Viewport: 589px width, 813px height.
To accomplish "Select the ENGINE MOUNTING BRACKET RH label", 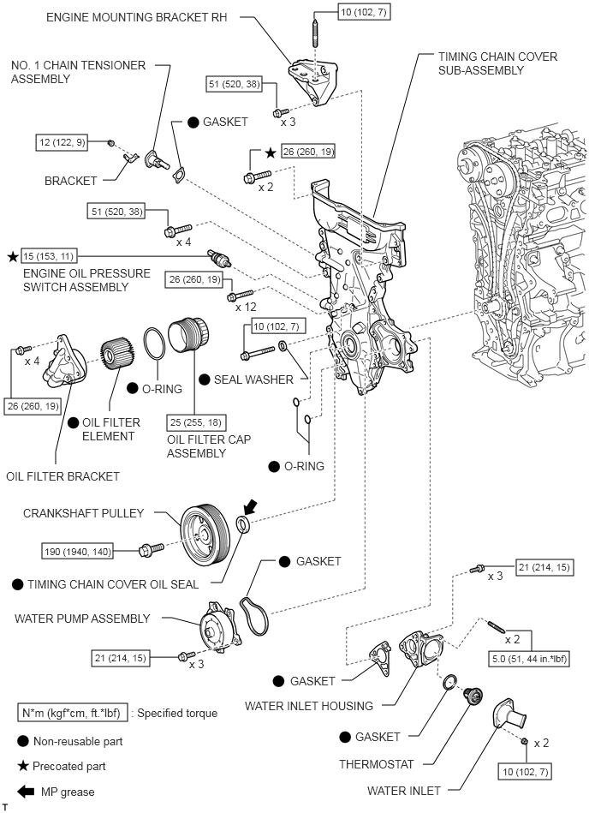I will pos(141,17).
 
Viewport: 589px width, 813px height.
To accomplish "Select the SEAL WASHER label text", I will pos(254,380).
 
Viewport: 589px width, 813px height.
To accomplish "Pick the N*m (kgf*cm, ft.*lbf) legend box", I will pos(74,713).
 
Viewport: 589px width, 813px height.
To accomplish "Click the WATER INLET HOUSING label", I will pos(309,706).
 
